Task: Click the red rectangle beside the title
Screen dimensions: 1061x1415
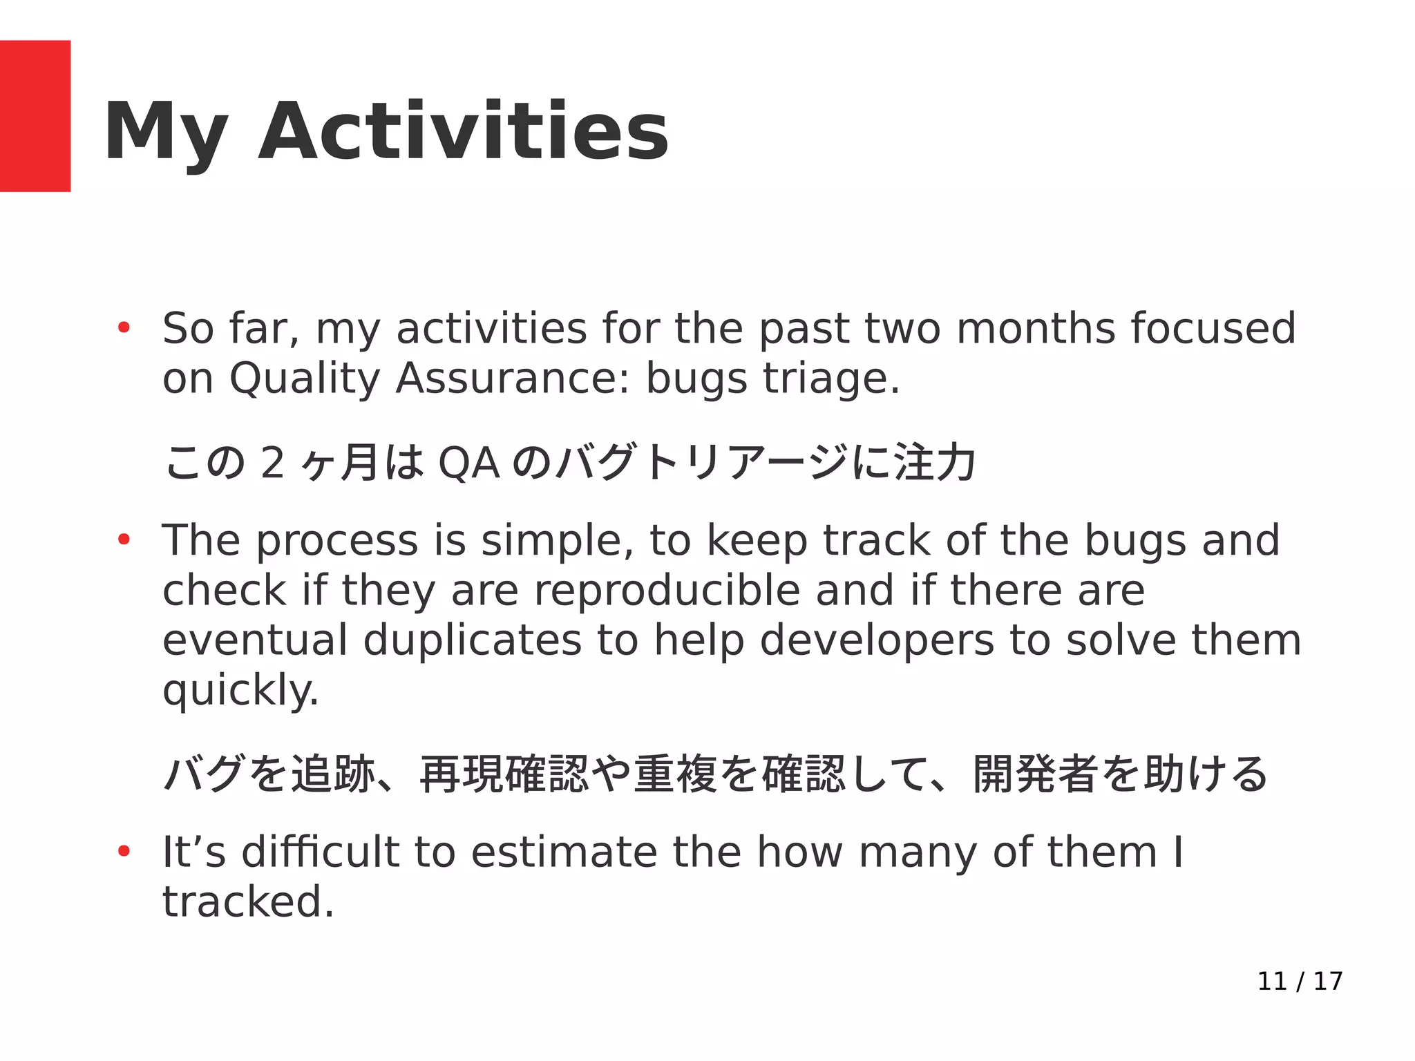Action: click(x=35, y=116)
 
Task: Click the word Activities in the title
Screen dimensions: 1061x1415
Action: click(x=463, y=131)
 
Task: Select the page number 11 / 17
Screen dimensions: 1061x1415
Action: click(x=1300, y=982)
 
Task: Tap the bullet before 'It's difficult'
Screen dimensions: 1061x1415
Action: click(x=124, y=852)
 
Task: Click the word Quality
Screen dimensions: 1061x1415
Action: click(x=305, y=380)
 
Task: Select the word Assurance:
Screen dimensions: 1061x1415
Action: click(x=512, y=379)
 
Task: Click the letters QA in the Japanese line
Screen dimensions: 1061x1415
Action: click(x=469, y=463)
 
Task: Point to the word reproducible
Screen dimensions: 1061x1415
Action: click(x=667, y=591)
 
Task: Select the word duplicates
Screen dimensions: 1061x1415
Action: click(x=473, y=640)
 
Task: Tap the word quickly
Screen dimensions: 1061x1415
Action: click(x=240, y=691)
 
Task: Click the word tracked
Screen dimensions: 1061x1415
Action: click(x=248, y=901)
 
